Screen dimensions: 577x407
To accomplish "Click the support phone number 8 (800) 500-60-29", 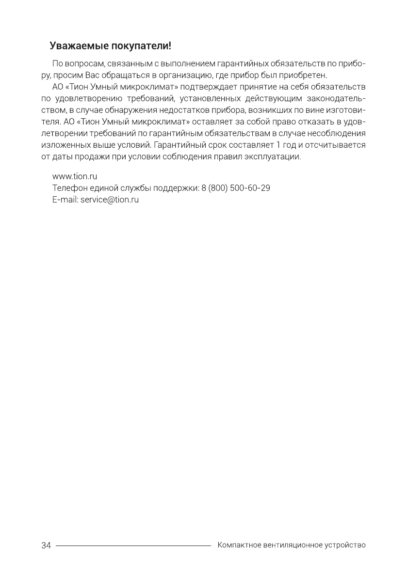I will coord(236,188).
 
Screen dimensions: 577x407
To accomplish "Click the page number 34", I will coord(46,546).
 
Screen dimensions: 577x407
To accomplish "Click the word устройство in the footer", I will coord(344,546).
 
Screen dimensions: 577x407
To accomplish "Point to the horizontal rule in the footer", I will coord(133,546).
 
